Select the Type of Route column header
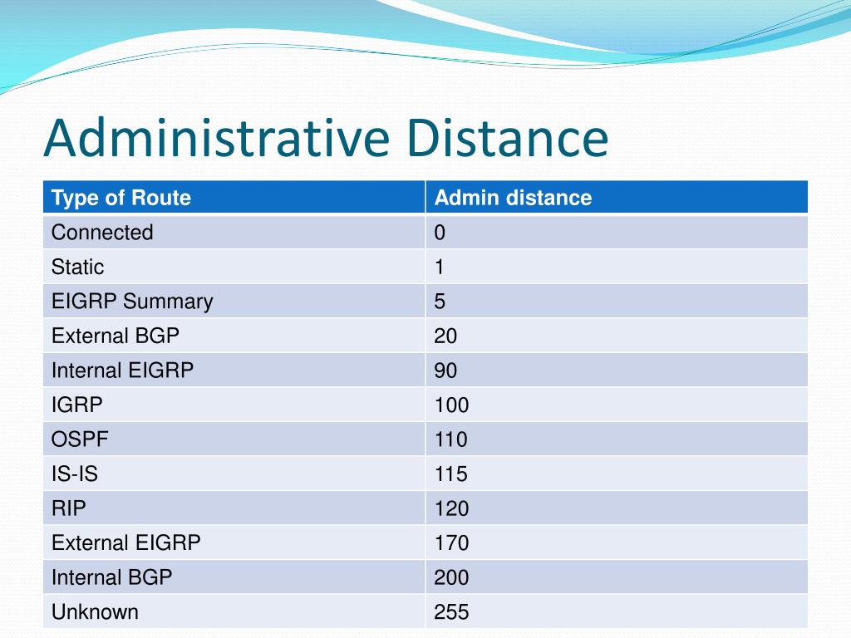coord(121,198)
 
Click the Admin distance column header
coord(513,198)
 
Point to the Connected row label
coord(102,233)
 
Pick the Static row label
coord(77,267)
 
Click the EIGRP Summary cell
coord(132,302)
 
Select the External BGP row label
coord(115,336)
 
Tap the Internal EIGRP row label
coord(122,371)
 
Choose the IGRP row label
coord(76,405)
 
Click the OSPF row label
coord(80,439)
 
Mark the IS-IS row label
coord(74,474)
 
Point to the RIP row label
coord(68,508)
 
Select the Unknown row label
coord(95,612)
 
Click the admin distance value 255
coord(451,612)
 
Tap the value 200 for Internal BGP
coord(451,577)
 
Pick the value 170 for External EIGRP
coord(451,543)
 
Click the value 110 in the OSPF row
coord(450,439)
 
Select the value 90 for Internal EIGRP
coord(445,371)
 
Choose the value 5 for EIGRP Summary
coord(440,302)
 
